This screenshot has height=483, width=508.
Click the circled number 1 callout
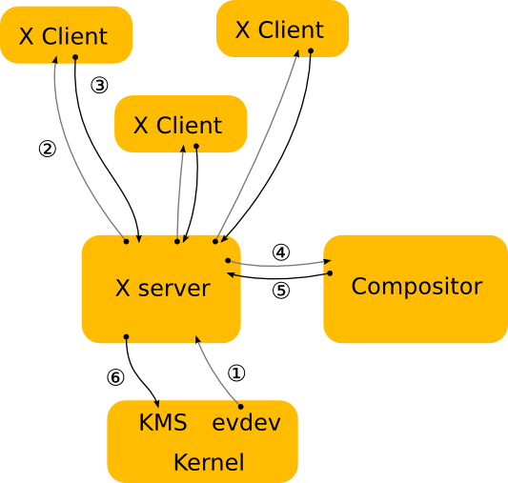coord(237,372)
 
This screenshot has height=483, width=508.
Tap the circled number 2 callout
coord(47,149)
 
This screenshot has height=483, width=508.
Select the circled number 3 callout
coord(99,85)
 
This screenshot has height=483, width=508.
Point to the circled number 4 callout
coord(280,252)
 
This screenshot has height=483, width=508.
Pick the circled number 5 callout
coord(280,291)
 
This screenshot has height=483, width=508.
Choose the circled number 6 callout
coord(115,377)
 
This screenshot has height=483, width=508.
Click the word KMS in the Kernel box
coord(162,423)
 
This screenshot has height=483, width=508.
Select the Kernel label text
coord(208,463)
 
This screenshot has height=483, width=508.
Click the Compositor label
coord(417,287)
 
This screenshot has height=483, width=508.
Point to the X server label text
coord(162,289)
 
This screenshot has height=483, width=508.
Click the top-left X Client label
coord(63,37)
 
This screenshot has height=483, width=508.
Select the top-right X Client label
coord(280,30)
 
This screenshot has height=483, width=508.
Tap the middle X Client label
coord(177,126)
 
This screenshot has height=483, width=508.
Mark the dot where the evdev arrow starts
coord(239,407)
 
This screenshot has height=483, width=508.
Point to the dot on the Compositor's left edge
coord(330,273)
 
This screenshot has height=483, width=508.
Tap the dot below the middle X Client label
coord(196,146)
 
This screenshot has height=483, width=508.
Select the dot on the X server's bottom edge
coord(126,336)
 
